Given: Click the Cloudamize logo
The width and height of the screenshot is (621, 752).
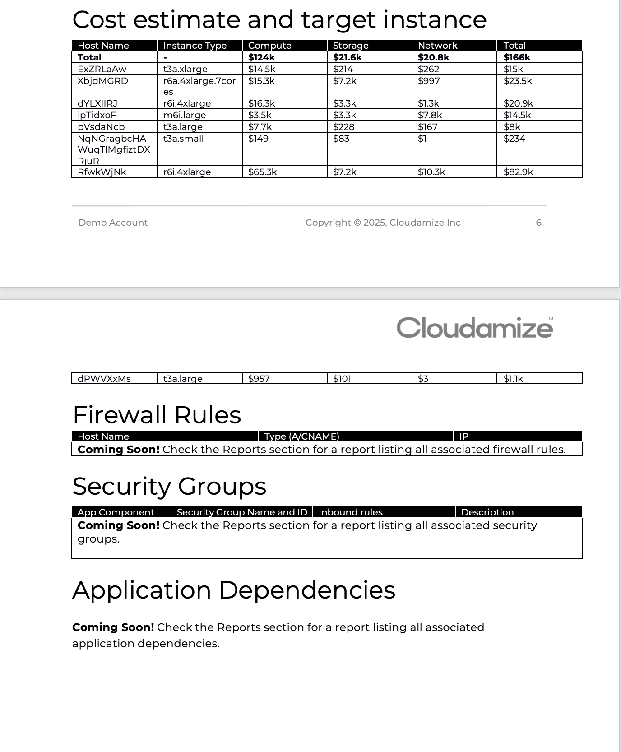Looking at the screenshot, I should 475,328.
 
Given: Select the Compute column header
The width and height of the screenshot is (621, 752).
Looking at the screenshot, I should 269,46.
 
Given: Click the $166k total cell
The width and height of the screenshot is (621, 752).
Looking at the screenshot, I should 517,57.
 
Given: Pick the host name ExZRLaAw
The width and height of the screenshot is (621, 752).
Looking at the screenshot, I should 102,69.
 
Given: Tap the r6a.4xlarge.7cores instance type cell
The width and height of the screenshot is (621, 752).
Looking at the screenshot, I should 199,86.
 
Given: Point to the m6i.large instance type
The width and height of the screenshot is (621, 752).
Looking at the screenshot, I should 185,115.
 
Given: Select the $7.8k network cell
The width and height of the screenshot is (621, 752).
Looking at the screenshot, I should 430,115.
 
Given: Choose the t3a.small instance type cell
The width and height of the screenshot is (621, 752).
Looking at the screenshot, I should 183,139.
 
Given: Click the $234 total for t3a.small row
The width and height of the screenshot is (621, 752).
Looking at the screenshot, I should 514,139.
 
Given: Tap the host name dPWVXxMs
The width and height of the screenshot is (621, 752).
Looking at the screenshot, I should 104,379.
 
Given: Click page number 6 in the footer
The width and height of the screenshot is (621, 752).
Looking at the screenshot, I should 538,223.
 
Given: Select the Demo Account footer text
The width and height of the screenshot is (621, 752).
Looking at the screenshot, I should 113,223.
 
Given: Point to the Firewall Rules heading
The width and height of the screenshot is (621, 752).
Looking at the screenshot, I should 157,415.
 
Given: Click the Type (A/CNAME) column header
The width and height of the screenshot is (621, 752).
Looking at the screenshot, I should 301,436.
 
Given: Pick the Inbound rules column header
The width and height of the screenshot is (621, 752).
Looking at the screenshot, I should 350,512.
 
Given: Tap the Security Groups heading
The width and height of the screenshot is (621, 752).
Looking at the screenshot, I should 169,486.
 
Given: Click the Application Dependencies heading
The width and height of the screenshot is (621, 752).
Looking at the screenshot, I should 233,590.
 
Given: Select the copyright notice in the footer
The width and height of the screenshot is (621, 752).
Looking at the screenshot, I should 383,223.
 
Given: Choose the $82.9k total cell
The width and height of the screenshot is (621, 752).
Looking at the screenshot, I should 518,172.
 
